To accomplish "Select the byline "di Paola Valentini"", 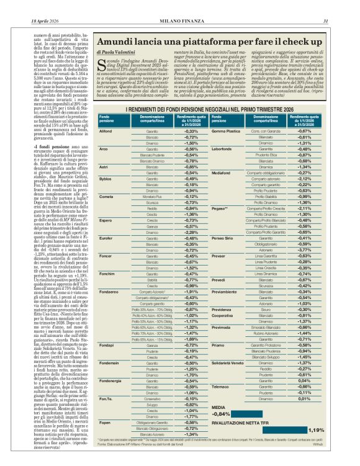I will click(117, 53).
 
